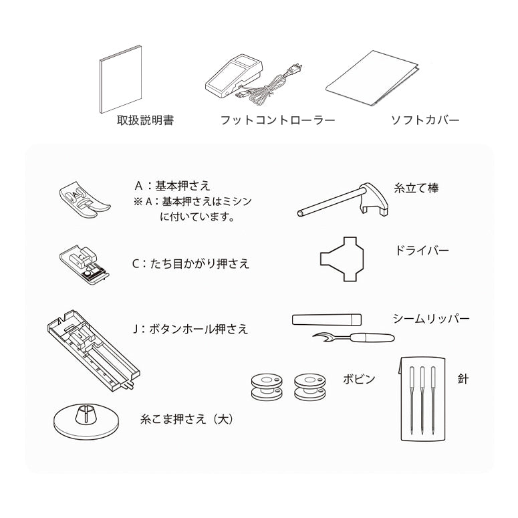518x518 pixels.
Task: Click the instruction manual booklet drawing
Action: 121,80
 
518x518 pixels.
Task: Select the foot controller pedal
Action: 233,77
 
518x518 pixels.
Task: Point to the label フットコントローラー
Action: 277,120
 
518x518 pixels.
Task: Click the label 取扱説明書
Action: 145,120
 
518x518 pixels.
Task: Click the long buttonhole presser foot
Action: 93,350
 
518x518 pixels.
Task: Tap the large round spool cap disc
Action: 86,422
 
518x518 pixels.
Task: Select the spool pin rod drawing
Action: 343,200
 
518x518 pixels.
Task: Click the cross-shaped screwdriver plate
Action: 342,259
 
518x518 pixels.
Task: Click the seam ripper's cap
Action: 327,319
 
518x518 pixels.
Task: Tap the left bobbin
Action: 267,387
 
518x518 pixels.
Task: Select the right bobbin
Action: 310,387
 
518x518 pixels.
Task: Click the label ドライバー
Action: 422,250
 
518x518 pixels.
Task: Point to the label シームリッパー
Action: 431,319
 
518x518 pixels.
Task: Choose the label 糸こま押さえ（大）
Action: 186,419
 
